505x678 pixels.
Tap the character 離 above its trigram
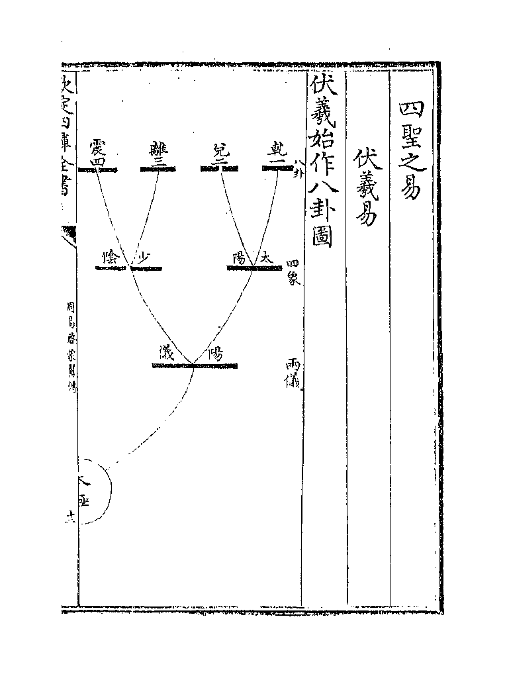[x=159, y=147]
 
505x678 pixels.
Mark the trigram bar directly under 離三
[x=159, y=169]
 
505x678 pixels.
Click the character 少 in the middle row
[x=144, y=258]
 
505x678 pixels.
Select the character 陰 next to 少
[x=110, y=258]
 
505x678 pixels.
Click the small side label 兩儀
[x=293, y=372]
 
